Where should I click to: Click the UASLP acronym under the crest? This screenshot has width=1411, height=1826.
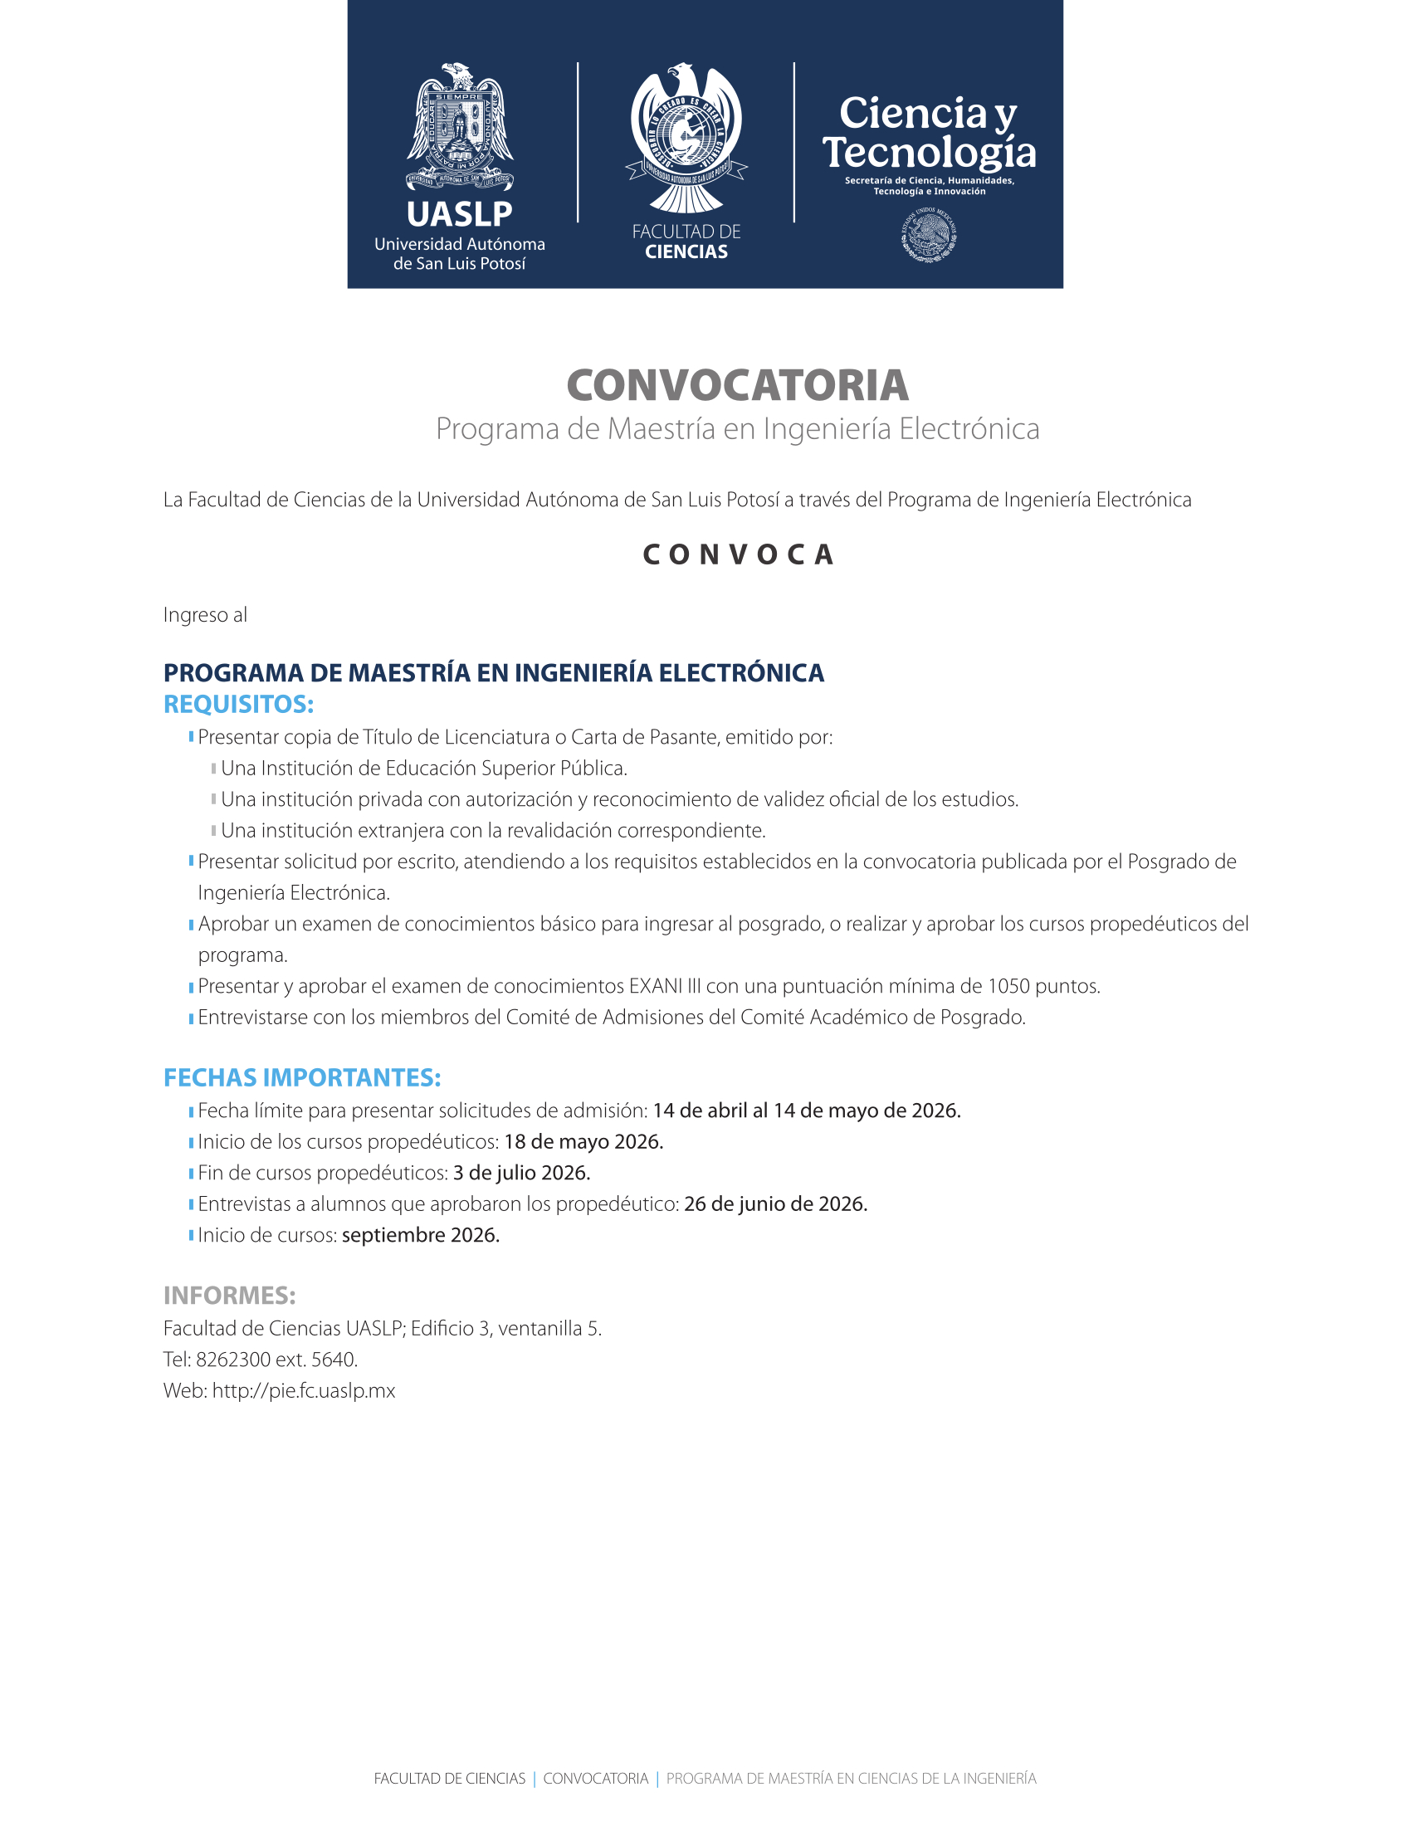pos(459,215)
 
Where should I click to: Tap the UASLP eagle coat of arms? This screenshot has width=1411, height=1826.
pos(459,125)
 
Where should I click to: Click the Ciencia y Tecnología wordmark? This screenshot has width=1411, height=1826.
pos(929,132)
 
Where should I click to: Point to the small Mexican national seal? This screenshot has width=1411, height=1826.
pos(929,237)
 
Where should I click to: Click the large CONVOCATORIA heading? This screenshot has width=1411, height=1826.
pos(737,385)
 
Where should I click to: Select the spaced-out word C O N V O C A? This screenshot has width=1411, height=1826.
pos(737,554)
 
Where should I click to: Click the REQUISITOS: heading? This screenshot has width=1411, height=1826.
pos(238,704)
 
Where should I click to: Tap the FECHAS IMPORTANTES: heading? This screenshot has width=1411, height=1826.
pos(302,1077)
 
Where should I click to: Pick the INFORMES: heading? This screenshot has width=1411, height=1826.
pos(229,1295)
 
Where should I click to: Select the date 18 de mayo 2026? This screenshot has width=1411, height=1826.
pos(583,1142)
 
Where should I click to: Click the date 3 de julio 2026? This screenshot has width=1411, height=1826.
pos(521,1173)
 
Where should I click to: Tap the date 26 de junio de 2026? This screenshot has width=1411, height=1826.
pos(775,1204)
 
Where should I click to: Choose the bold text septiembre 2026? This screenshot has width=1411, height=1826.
pos(421,1235)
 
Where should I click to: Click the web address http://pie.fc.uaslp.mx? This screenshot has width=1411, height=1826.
pos(304,1390)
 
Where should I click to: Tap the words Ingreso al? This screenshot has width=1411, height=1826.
pos(205,615)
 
